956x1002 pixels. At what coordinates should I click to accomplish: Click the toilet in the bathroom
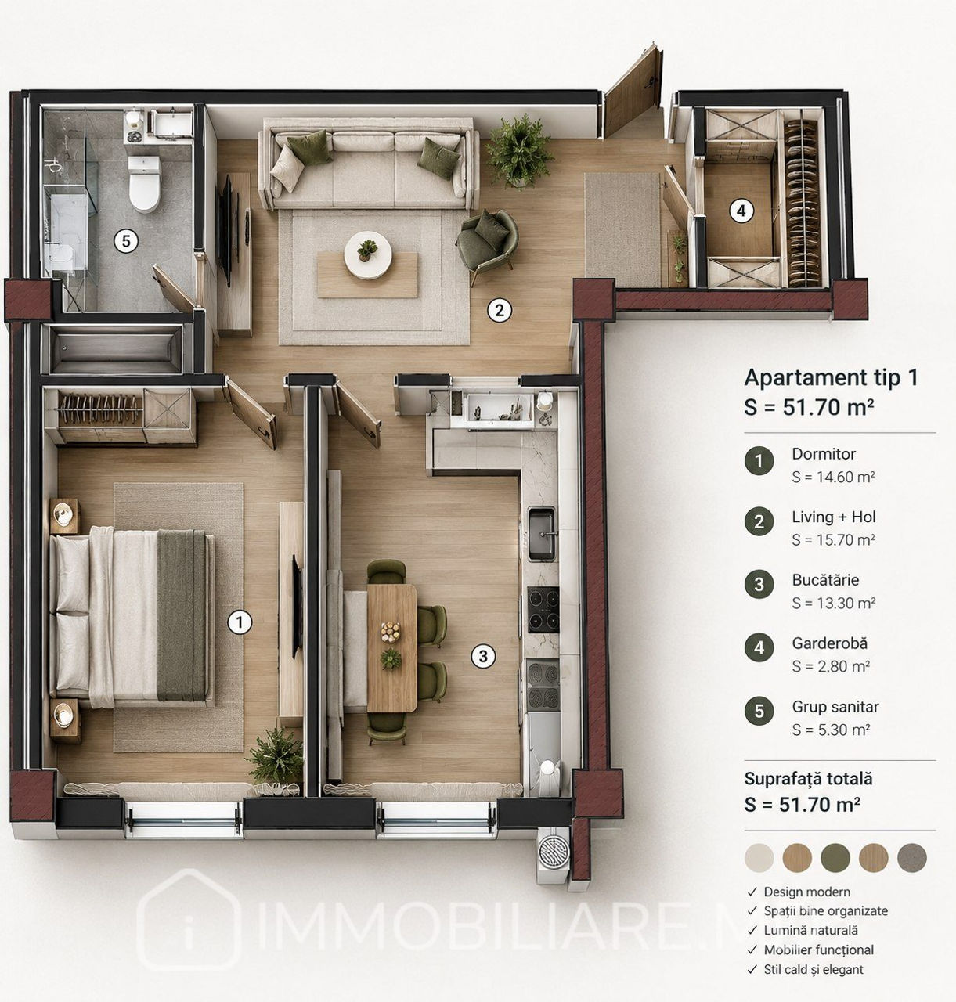(144, 183)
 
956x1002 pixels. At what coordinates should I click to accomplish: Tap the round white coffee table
(368, 255)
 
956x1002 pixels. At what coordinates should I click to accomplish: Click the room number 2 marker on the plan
(499, 310)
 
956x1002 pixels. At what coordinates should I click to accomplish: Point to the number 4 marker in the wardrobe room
(741, 211)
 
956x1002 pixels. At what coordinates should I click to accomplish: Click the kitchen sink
(542, 533)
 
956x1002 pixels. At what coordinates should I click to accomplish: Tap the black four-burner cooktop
(543, 609)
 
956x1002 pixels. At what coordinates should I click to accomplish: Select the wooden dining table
(391, 648)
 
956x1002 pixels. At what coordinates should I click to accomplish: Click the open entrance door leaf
(633, 92)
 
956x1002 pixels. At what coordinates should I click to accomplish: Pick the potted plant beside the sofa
(518, 151)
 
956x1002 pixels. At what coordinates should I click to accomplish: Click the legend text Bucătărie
(825, 580)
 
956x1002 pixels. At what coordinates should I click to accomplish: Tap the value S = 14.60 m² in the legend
(833, 477)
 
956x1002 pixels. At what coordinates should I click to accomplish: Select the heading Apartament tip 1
(831, 377)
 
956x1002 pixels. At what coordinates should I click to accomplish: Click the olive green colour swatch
(835, 858)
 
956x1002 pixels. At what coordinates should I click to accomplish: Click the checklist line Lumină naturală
(810, 930)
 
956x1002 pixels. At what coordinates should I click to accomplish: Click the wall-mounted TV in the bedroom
(296, 607)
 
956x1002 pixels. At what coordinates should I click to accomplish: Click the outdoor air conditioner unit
(554, 854)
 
